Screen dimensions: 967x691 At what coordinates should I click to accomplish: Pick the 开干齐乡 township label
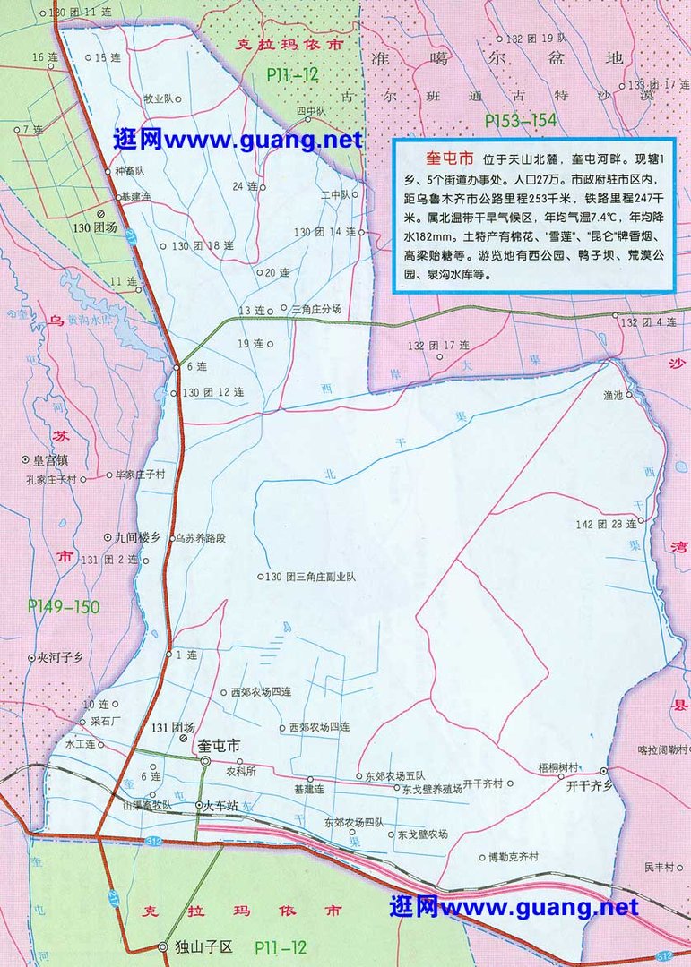click(x=589, y=786)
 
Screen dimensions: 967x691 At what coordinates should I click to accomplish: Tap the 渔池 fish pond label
click(x=613, y=393)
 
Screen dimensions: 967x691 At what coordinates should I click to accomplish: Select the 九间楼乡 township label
click(x=136, y=537)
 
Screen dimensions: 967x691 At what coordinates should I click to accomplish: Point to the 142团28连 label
click(x=606, y=523)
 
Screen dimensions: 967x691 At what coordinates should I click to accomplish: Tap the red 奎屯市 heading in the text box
click(x=449, y=159)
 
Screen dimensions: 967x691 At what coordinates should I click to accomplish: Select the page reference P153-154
click(x=520, y=119)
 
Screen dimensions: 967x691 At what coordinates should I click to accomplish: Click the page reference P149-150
click(x=63, y=607)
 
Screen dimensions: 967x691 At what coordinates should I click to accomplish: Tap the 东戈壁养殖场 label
click(x=432, y=789)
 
